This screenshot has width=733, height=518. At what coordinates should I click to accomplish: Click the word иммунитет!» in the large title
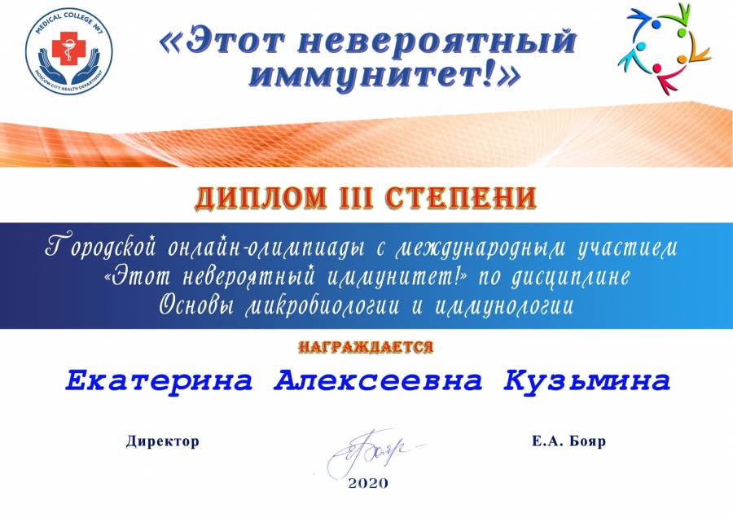tap(384, 75)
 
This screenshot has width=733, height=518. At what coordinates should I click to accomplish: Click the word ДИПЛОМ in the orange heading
tap(261, 197)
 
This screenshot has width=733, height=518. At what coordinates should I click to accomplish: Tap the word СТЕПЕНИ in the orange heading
tap(462, 197)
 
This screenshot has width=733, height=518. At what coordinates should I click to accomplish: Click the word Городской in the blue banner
tap(99, 247)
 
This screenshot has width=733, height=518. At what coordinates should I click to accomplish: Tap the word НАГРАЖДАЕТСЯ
tap(366, 347)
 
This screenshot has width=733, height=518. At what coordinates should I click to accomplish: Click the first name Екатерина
tap(159, 380)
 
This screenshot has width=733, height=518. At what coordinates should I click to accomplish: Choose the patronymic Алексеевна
tap(378, 380)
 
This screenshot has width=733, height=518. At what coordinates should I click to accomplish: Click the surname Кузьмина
tap(587, 381)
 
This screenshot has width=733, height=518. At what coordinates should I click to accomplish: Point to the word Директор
tap(162, 441)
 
